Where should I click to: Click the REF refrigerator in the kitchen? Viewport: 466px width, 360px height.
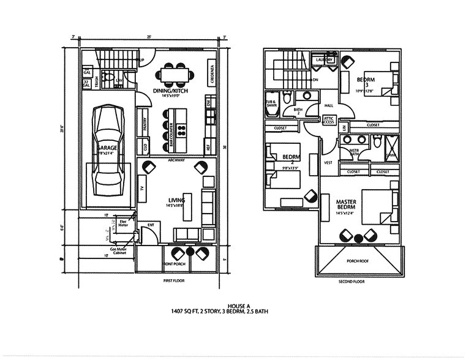tap(209, 148)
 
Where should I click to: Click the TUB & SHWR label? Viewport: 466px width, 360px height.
tap(271, 103)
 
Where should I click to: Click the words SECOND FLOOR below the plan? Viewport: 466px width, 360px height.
tap(351, 282)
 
